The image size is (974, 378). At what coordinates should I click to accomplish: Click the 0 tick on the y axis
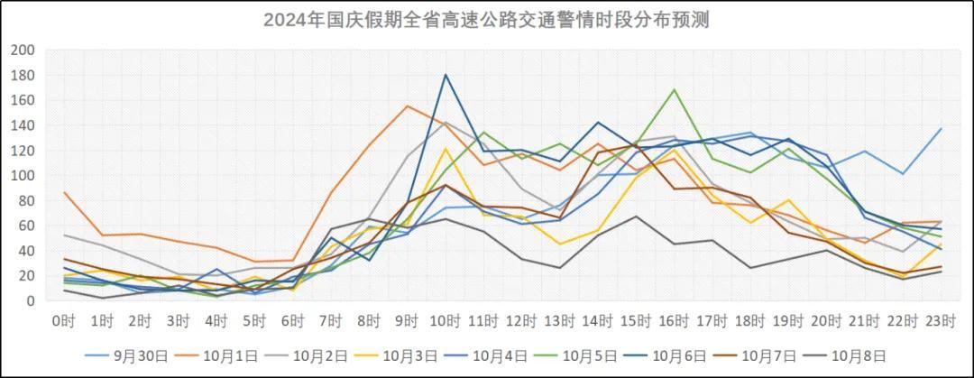tap(29, 300)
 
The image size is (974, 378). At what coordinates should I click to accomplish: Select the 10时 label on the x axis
tap(445, 320)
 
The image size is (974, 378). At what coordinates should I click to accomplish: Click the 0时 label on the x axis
tap(64, 320)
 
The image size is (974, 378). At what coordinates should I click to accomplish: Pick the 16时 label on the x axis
tap(673, 320)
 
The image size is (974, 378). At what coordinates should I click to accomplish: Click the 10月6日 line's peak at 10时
tap(445, 75)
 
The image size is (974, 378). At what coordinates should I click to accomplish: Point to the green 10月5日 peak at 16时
tap(673, 90)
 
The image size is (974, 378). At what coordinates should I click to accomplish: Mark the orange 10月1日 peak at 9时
tap(407, 106)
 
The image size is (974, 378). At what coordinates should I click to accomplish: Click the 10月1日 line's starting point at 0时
tap(64, 192)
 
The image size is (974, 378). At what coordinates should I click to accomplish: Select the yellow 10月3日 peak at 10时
tap(445, 149)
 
